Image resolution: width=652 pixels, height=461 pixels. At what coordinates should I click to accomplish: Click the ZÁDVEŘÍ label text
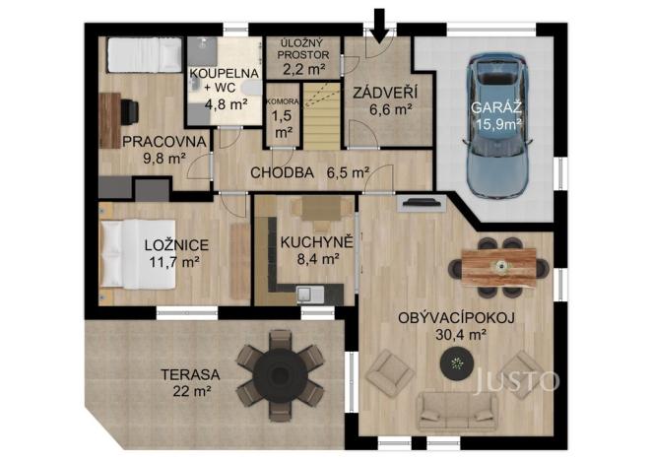pos(379,93)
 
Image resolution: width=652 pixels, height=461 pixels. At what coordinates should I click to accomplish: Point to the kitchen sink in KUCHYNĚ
pos(305,292)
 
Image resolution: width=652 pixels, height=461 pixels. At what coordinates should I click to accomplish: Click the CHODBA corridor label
pos(282,172)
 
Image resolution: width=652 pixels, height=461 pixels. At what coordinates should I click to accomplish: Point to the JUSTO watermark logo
pos(515,381)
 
